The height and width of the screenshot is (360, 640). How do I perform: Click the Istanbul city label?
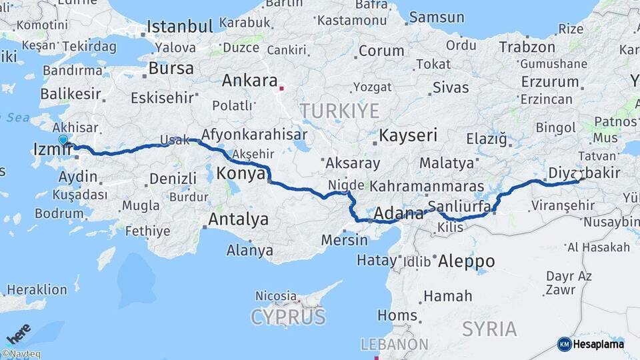pyautogui.click(x=179, y=27)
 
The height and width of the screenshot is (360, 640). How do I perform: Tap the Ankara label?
pyautogui.click(x=249, y=81)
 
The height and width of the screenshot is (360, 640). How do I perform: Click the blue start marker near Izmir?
pyautogui.click(x=63, y=139)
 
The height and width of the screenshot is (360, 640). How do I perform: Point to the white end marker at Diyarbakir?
pyautogui.click(x=579, y=175)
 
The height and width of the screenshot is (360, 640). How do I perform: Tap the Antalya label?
pyautogui.click(x=238, y=219)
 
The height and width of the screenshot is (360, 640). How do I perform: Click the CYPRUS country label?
pyautogui.click(x=288, y=316)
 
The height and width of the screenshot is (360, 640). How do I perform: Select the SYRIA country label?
pyautogui.click(x=489, y=329)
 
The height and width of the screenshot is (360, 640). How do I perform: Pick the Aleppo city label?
pyautogui.click(x=466, y=261)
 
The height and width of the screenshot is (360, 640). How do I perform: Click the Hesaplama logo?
pyautogui.click(x=591, y=344)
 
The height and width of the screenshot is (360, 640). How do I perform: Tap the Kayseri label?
pyautogui.click(x=408, y=136)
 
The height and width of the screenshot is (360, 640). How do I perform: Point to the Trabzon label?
pyautogui.click(x=527, y=47)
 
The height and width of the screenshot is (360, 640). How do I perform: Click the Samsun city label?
pyautogui.click(x=437, y=17)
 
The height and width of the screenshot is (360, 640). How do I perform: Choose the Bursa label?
pyautogui.click(x=171, y=68)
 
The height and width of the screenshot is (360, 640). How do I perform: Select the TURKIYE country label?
pyautogui.click(x=339, y=111)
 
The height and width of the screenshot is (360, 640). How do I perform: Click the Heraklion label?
pyautogui.click(x=37, y=289)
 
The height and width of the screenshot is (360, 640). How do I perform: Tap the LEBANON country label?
pyautogui.click(x=395, y=344)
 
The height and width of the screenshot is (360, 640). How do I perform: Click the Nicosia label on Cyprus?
pyautogui.click(x=275, y=295)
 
